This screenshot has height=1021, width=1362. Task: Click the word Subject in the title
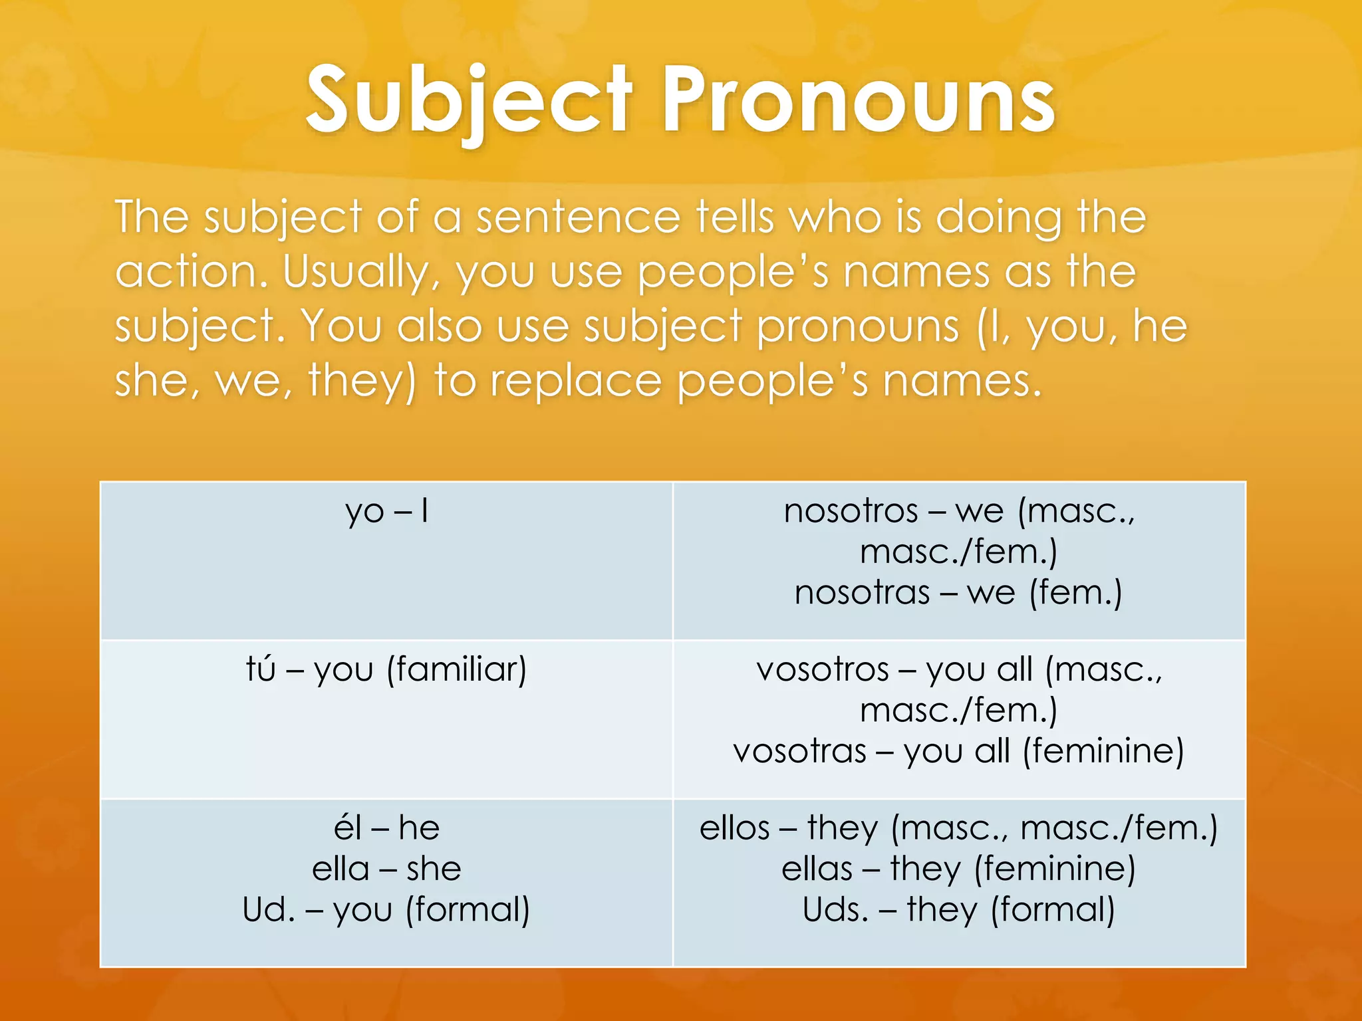coord(469,101)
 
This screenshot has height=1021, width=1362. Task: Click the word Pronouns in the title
coord(858,101)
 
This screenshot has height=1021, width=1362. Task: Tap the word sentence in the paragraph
coord(578,217)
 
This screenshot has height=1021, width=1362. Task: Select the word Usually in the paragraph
coord(360,273)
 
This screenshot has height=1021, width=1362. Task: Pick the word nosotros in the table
coord(851,511)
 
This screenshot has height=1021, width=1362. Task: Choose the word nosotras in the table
coord(862,592)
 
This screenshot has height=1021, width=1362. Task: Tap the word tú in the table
coord(261,669)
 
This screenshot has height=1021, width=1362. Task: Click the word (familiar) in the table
coord(457,669)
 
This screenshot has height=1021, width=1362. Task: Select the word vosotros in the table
coord(823,669)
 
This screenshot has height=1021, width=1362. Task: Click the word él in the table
coord(348,828)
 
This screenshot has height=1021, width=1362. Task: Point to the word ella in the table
coord(340,869)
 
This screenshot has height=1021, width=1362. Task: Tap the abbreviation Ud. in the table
coord(269,910)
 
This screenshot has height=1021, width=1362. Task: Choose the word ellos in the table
coord(734,828)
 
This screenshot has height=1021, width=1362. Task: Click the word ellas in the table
coord(817,869)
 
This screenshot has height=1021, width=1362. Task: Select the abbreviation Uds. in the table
coord(835,910)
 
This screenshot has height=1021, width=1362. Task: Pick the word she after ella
coord(434,869)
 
